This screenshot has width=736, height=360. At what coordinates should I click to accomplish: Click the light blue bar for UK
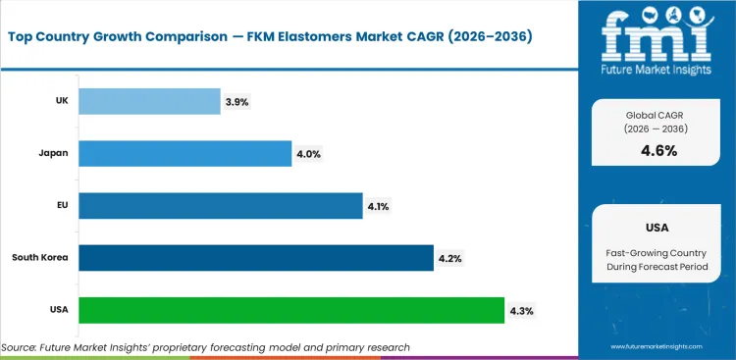coord(149,101)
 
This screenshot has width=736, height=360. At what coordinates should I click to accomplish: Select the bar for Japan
coord(184,153)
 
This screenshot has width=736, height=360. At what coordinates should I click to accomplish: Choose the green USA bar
coord(291,310)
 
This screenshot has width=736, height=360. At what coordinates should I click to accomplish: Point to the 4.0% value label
coord(308,154)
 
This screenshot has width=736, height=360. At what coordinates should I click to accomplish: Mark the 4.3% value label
coord(521,311)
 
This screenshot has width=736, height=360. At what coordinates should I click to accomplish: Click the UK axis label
coord(60,101)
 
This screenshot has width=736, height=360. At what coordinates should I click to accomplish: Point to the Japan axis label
coord(53,153)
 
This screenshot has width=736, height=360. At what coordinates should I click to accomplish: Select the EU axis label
coord(61,205)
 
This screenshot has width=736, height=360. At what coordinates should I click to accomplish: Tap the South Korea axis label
coord(40,258)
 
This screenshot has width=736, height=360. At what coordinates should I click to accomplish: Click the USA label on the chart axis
coord(57,310)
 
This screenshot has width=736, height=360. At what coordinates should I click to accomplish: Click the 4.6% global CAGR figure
coord(658,150)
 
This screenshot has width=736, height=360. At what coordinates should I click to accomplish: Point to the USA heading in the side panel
coord(658,227)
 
